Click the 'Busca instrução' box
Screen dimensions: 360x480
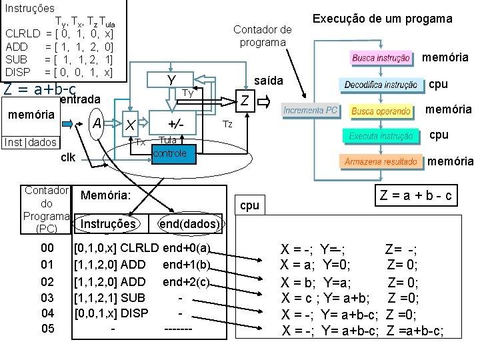point(381,58)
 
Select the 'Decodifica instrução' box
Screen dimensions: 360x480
point(381,85)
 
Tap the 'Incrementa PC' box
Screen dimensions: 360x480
point(311,110)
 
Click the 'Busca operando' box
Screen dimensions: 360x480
point(381,111)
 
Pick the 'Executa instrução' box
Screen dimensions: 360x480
point(381,136)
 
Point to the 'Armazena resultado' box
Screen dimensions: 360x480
point(381,162)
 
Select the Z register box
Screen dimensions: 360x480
point(245,101)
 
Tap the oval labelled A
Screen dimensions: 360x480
point(97,123)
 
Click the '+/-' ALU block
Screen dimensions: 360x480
point(176,124)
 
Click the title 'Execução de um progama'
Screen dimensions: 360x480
point(382,19)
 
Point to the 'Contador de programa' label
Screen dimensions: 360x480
point(263,35)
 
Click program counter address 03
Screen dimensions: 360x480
point(47,297)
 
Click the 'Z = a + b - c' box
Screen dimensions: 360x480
point(416,195)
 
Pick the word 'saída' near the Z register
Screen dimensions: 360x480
point(269,81)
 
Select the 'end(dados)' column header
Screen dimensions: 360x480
point(189,223)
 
